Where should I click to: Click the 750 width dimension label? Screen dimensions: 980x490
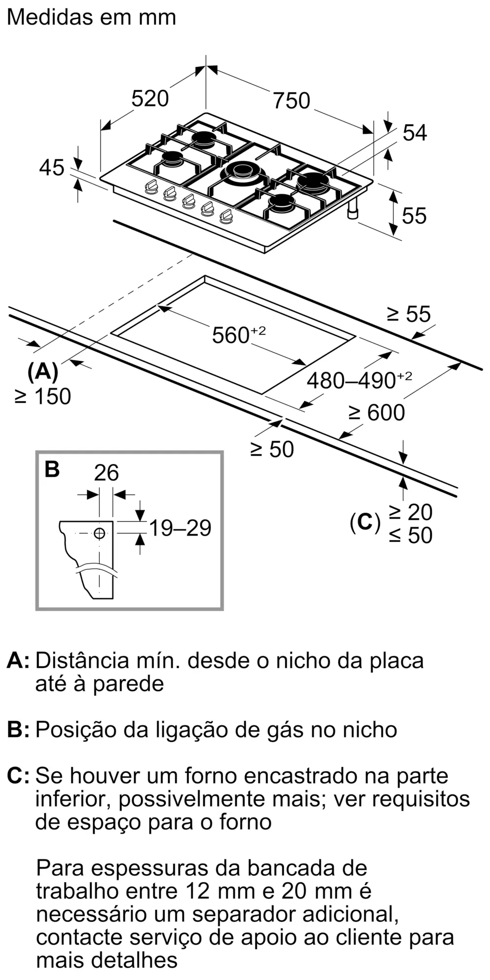[x=292, y=100]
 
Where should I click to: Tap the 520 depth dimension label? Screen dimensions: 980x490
[x=150, y=98]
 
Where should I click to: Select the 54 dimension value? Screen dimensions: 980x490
[x=415, y=133]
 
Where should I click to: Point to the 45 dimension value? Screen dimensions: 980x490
[x=51, y=168]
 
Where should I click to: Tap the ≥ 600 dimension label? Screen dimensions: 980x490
[x=376, y=413]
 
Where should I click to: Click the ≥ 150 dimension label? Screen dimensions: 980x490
[x=43, y=396]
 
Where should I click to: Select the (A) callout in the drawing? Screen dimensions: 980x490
[x=43, y=372]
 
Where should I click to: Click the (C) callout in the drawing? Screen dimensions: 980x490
[x=365, y=523]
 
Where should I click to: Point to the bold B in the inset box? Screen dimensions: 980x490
[x=52, y=469]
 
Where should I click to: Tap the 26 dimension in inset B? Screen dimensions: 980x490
[x=106, y=473]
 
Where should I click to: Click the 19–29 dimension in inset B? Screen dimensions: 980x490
[x=180, y=528]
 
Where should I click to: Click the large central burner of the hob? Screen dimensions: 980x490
[x=241, y=171]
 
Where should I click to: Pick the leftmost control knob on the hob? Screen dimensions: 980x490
[x=151, y=186]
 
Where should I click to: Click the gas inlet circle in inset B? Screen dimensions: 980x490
[x=99, y=533]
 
